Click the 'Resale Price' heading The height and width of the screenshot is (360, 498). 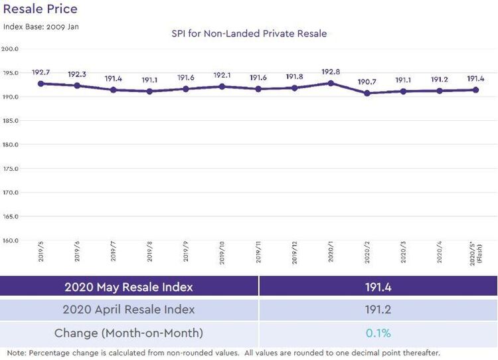pyautogui.click(x=41, y=9)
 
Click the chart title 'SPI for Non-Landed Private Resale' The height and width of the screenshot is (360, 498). pyautogui.click(x=249, y=33)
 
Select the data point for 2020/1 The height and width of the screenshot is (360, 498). pyautogui.click(x=331, y=83)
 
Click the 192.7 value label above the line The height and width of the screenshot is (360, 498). pyautogui.click(x=41, y=72)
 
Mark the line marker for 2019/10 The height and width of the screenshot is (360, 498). pyautogui.click(x=222, y=86)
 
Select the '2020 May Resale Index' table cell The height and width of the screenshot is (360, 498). pyautogui.click(x=129, y=287)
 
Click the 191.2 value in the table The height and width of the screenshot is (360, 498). pyautogui.click(x=378, y=310)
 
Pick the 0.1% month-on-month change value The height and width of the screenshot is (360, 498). pyautogui.click(x=378, y=333)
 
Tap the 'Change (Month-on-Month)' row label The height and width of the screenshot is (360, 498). pyautogui.click(x=129, y=333)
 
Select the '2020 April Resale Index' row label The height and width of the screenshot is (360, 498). pyautogui.click(x=129, y=310)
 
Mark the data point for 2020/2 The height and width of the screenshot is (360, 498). pyautogui.click(x=367, y=93)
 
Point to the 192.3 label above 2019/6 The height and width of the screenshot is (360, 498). pyautogui.click(x=77, y=74)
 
